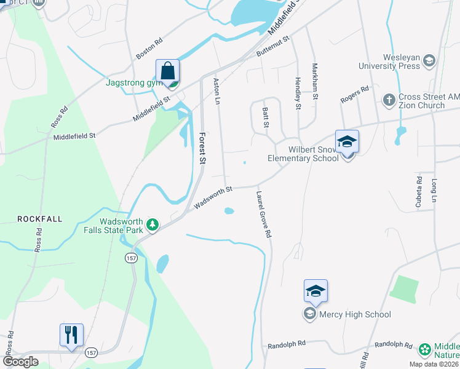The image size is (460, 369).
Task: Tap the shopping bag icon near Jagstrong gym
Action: pyautogui.click(x=168, y=71)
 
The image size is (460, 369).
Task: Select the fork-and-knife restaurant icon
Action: pyautogui.click(x=71, y=335)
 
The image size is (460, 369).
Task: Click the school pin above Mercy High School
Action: pyautogui.click(x=315, y=291)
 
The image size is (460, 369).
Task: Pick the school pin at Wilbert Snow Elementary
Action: pyautogui.click(x=347, y=142)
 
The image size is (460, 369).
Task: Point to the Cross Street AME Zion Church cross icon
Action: pyautogui.click(x=389, y=99)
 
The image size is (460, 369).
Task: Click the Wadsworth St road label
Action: pyautogui.click(x=212, y=197)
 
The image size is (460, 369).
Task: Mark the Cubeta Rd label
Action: pyautogui.click(x=419, y=190)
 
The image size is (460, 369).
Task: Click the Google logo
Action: pyautogui.click(x=20, y=362)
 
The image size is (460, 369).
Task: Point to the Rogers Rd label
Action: pyautogui.click(x=355, y=94)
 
